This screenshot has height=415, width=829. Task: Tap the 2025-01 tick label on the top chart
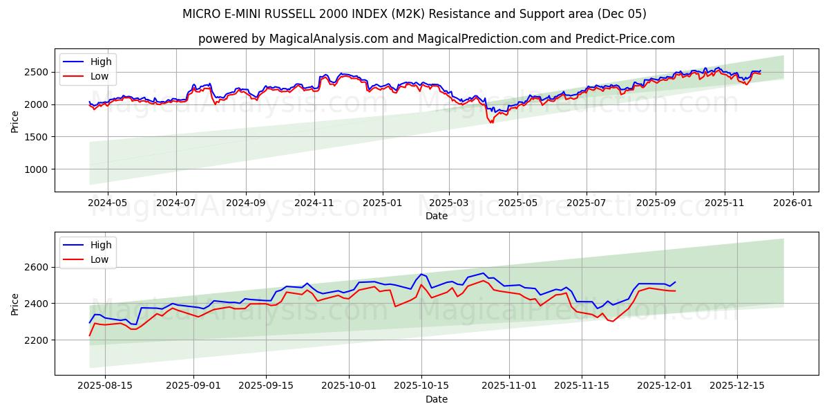[x=382, y=203]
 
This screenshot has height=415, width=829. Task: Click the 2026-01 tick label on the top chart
[x=792, y=203]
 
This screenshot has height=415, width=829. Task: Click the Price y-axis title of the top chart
[x=15, y=122]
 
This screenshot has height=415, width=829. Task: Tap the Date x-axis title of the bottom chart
[x=436, y=399]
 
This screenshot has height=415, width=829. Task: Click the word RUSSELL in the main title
[x=290, y=14]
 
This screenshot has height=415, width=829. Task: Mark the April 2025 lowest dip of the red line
[x=491, y=123]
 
